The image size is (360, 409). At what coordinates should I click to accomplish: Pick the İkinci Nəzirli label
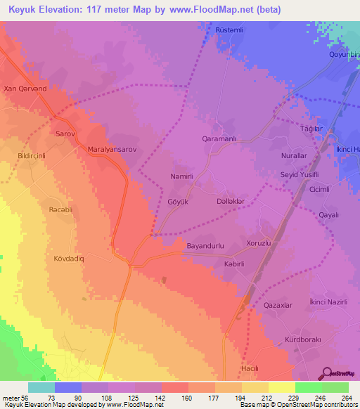[329, 301]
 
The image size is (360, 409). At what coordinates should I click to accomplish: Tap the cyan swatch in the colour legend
[41, 387]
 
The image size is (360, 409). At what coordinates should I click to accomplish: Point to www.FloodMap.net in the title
[231, 8]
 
